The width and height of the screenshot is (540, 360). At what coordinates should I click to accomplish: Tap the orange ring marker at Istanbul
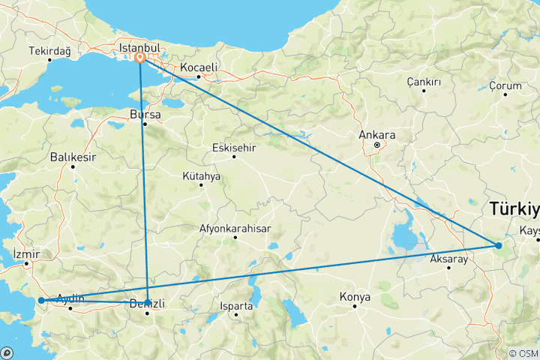(x=140, y=56)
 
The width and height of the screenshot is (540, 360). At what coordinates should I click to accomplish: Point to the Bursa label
(x=145, y=115)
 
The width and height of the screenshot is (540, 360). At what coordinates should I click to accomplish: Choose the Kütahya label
(x=201, y=176)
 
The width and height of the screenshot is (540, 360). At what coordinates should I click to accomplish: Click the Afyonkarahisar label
(x=235, y=228)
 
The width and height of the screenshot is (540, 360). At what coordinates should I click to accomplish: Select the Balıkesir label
(x=73, y=157)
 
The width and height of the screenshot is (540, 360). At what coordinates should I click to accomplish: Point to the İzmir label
(x=27, y=253)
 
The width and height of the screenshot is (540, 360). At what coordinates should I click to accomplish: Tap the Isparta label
(x=237, y=306)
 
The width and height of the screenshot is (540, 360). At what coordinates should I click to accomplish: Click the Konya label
(x=355, y=297)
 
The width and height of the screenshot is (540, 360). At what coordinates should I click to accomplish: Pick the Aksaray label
(x=448, y=259)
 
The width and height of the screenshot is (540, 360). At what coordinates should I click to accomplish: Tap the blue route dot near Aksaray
(x=499, y=245)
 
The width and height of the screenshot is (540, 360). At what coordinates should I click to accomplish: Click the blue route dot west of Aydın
(x=40, y=301)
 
